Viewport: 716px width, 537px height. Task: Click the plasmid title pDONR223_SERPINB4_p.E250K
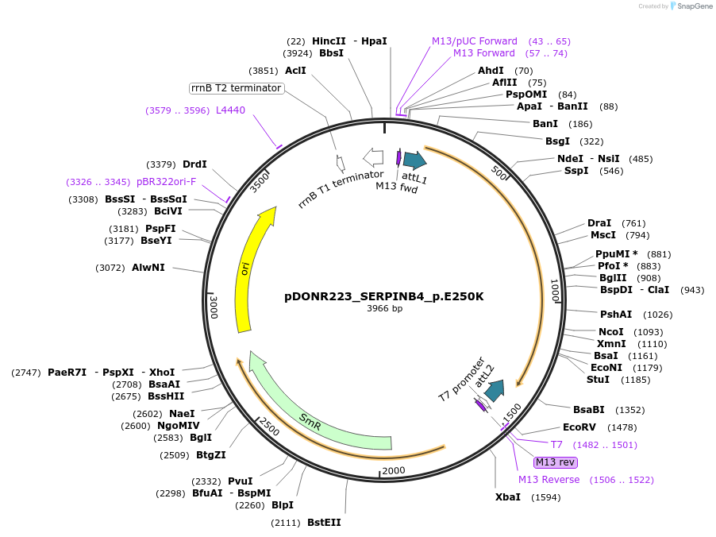click(384, 296)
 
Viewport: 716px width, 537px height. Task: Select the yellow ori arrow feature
click(252, 270)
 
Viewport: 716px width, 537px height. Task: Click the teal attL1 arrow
click(414, 160)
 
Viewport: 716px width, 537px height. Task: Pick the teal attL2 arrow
click(495, 390)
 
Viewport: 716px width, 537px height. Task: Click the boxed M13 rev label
click(556, 462)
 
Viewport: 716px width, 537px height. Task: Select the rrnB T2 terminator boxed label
click(237, 88)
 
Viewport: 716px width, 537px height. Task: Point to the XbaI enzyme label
click(508, 497)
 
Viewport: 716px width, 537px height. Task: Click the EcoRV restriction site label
click(579, 427)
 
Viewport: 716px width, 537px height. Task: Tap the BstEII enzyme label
click(324, 523)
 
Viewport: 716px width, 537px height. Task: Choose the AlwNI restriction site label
click(148, 268)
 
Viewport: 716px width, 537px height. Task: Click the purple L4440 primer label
click(231, 110)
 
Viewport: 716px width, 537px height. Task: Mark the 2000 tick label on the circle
click(395, 471)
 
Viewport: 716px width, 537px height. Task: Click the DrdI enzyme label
click(194, 164)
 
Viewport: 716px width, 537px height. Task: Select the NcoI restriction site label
click(611, 332)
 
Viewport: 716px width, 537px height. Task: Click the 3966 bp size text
click(384, 309)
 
